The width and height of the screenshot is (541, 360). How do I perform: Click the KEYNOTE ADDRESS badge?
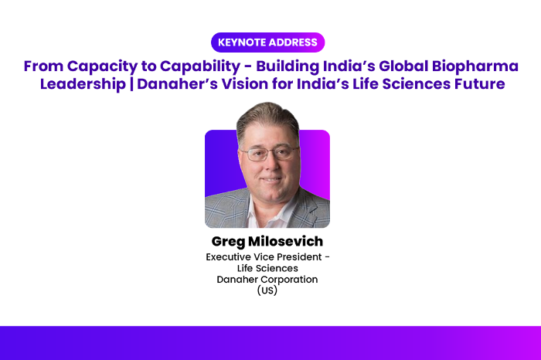point(267,42)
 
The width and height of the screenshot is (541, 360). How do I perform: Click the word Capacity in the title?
point(95,66)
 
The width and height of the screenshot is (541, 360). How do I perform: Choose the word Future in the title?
point(477,83)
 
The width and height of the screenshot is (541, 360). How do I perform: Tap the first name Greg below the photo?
point(228,242)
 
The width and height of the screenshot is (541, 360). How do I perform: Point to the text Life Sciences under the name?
point(267,268)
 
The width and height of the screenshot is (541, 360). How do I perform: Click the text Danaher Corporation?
point(267,279)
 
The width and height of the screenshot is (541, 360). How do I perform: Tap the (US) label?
point(267,290)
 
